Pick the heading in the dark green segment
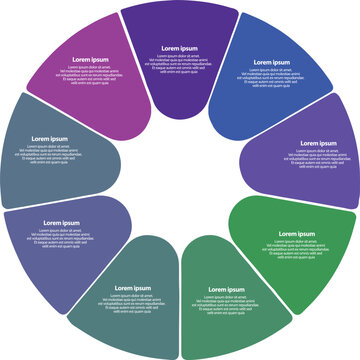coord(227,289)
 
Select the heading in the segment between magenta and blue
coord(181,47)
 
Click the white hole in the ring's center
coord(180,180)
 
